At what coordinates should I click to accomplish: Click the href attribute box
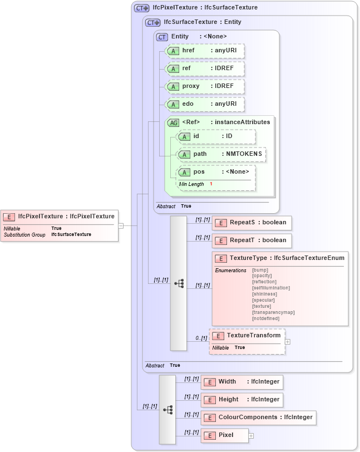click(205, 51)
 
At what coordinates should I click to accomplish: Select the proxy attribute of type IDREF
click(205, 86)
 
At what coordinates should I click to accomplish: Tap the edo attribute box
click(205, 104)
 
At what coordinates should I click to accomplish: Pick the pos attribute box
click(216, 171)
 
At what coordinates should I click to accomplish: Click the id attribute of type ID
click(216, 136)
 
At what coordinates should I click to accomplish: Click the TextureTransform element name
click(253, 335)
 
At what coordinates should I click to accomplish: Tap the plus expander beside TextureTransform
click(288, 341)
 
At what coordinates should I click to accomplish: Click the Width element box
click(241, 382)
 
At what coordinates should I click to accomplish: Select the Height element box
click(241, 400)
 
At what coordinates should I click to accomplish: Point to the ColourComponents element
click(258, 417)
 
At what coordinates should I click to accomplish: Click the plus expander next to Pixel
click(251, 435)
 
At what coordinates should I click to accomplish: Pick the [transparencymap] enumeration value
click(273, 312)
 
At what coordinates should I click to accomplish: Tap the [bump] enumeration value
click(260, 270)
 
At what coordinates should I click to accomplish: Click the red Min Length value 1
click(211, 184)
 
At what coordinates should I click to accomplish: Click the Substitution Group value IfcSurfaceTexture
click(71, 235)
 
